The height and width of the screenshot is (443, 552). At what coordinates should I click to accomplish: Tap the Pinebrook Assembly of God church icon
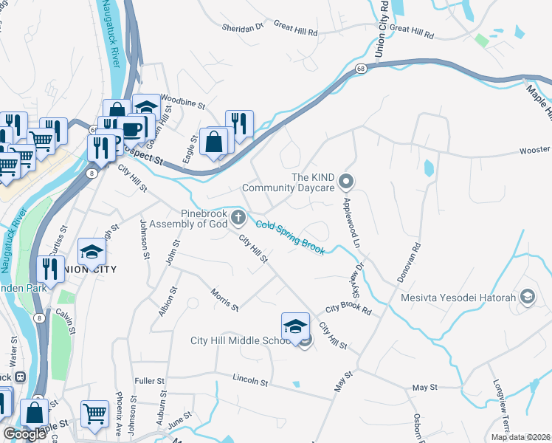coord(237,217)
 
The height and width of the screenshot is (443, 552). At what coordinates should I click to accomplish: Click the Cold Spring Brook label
coord(290,238)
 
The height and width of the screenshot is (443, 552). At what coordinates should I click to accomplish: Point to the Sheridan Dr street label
coord(242,28)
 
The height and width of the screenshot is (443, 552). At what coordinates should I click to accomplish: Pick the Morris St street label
coord(224,301)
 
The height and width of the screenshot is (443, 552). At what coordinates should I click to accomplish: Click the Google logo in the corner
coord(24,434)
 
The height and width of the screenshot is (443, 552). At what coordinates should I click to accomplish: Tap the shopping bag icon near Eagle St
coord(213,142)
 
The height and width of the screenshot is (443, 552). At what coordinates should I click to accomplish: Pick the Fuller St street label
coord(150,381)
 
